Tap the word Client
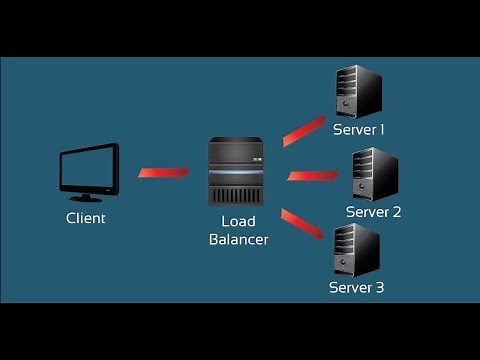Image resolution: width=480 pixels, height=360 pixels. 86,217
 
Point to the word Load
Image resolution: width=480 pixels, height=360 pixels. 235,221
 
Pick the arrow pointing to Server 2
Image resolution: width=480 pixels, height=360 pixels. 314,176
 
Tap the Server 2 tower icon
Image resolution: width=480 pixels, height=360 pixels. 375,173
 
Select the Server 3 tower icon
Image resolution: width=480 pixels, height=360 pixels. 357,249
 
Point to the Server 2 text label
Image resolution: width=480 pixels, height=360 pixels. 373,212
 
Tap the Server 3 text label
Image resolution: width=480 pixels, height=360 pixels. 357,288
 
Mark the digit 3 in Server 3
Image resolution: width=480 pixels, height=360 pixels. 380,288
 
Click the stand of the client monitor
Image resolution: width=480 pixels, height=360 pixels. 87,197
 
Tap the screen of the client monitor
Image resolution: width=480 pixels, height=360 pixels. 88,167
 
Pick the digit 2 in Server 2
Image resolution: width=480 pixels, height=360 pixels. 396,212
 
